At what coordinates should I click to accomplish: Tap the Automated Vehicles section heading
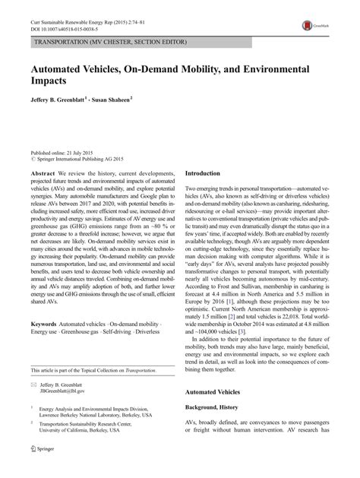[218, 413]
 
